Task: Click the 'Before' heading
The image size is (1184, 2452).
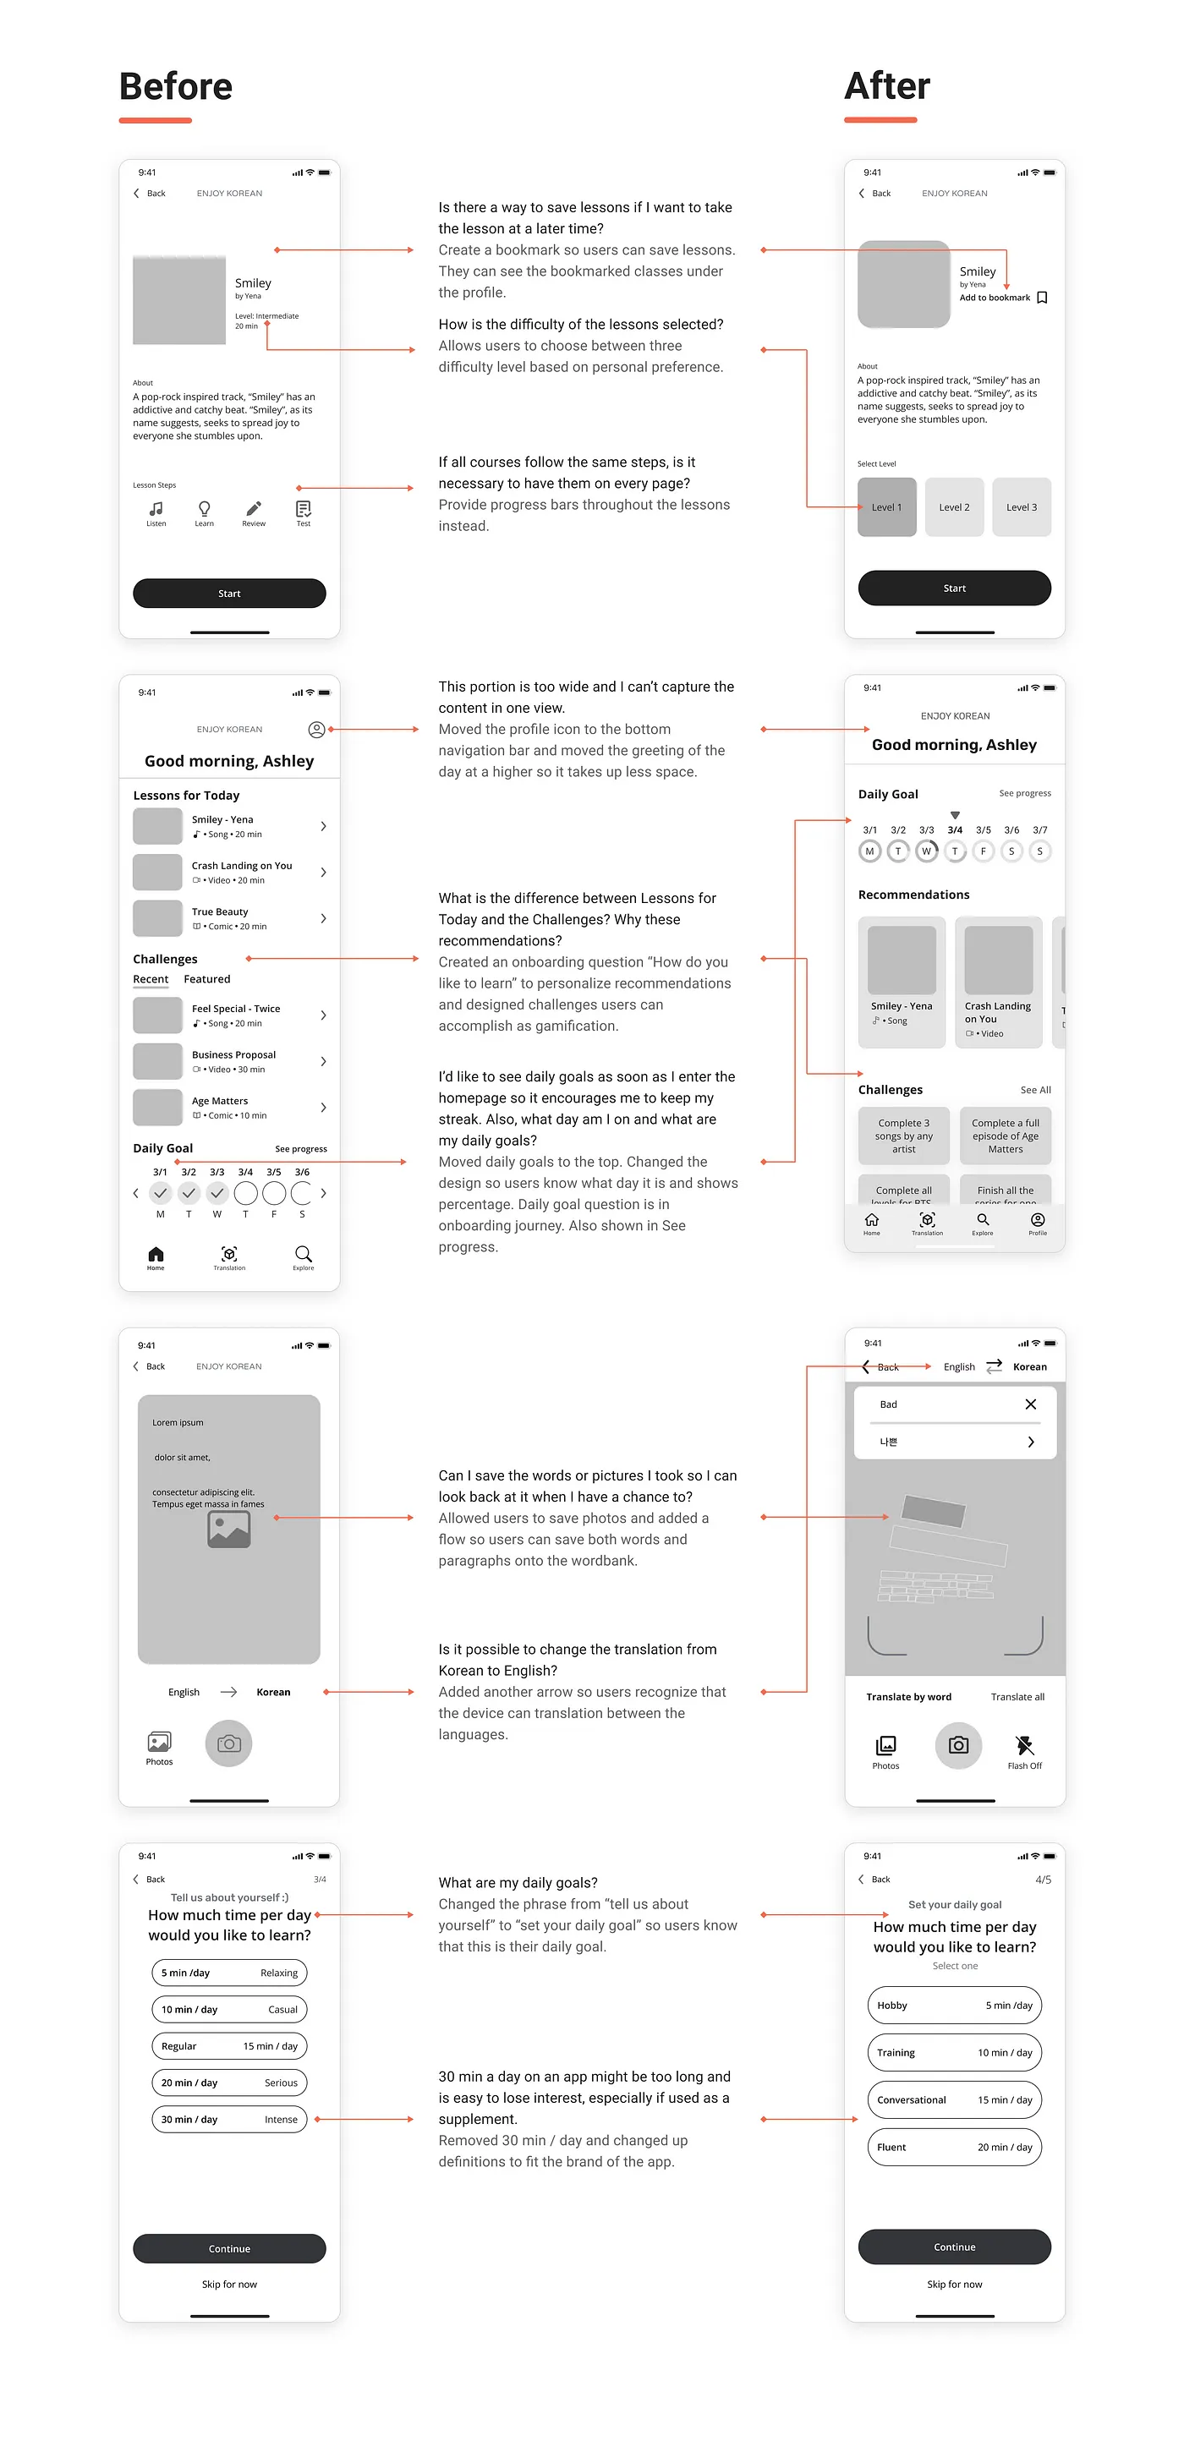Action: pos(176,86)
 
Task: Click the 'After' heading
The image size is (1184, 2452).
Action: pos(887,86)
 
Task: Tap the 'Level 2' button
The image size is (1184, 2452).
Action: pos(954,507)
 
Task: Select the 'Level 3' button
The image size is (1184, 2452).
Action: pos(1022,507)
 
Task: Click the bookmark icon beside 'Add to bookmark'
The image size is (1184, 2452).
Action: pos(1042,298)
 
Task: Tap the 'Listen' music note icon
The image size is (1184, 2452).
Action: pos(156,509)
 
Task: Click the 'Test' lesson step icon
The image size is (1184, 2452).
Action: pos(303,509)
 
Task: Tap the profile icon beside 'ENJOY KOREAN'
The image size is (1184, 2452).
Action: pos(317,730)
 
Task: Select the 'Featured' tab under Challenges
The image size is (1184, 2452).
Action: pos(206,979)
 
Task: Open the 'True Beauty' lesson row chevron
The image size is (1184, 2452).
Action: pos(324,918)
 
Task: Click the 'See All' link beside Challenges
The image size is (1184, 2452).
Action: pos(1035,1090)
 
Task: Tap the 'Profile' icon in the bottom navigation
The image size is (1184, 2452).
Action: pos(1038,1221)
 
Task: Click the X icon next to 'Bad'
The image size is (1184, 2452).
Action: pos(1030,1405)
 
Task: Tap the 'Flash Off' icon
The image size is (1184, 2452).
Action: pos(1024,1746)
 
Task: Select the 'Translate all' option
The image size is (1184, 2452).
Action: pos(1017,1697)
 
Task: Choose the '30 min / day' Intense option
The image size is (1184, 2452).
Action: pos(229,2120)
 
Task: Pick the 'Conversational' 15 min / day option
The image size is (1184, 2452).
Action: pos(955,2099)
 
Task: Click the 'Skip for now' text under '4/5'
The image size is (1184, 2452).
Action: pos(955,2285)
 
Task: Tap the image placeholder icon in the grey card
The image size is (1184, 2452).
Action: pos(229,1530)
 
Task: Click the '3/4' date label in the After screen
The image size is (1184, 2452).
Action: pos(955,830)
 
